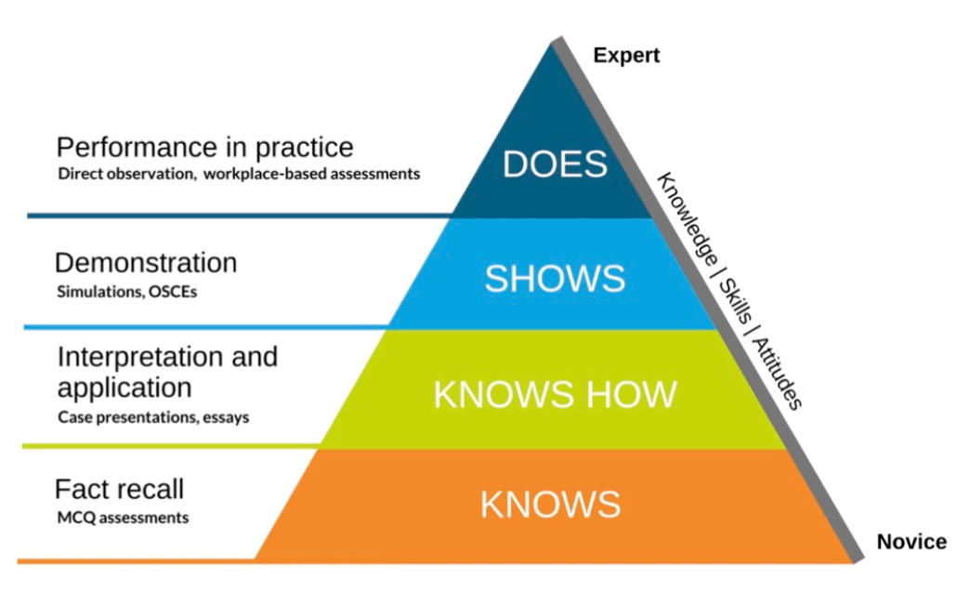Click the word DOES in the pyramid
(x=555, y=164)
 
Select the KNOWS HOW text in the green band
(x=555, y=394)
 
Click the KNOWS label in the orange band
(x=550, y=505)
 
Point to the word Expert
(x=626, y=56)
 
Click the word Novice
(x=911, y=542)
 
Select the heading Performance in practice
(x=204, y=148)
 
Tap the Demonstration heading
(x=146, y=263)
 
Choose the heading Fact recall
(x=119, y=489)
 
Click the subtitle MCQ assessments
(x=123, y=518)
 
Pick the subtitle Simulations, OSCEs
(x=127, y=292)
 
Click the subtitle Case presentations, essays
(x=153, y=417)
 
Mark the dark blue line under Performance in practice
(x=232, y=216)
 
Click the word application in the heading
(x=124, y=387)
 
